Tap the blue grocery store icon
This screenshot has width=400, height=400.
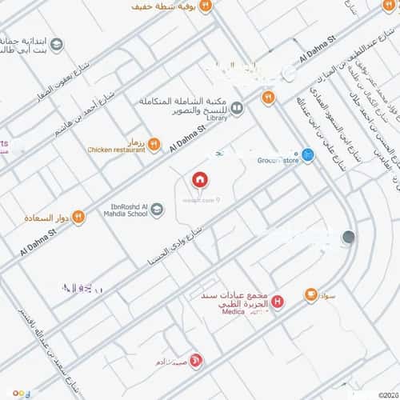307,154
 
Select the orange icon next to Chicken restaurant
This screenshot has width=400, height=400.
154,144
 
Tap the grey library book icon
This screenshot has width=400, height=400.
237,104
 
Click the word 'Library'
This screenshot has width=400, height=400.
218,118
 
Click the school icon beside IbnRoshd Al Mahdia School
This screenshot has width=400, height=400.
158,210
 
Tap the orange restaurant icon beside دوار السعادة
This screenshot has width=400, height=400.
78,217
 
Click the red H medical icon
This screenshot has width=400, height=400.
277,302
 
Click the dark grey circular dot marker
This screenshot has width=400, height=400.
348,237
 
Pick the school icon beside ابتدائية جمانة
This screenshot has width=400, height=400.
57,45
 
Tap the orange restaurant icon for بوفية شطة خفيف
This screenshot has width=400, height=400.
206,6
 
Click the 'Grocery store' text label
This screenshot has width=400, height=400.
278,160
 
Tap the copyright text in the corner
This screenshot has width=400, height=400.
390,393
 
